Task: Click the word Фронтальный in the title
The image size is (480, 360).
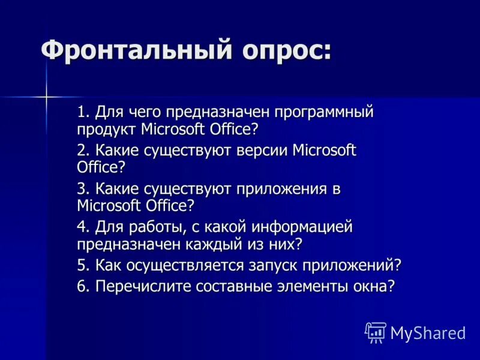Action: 132,49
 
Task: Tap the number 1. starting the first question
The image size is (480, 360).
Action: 83,112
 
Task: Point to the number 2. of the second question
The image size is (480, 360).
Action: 83,150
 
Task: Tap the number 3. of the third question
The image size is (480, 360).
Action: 83,189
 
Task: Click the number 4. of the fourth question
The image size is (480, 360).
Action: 83,227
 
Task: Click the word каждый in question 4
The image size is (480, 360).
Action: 188,244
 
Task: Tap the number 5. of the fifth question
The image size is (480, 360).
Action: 83,265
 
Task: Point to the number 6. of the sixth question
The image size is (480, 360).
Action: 83,286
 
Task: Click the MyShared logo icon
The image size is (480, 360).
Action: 376,332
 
